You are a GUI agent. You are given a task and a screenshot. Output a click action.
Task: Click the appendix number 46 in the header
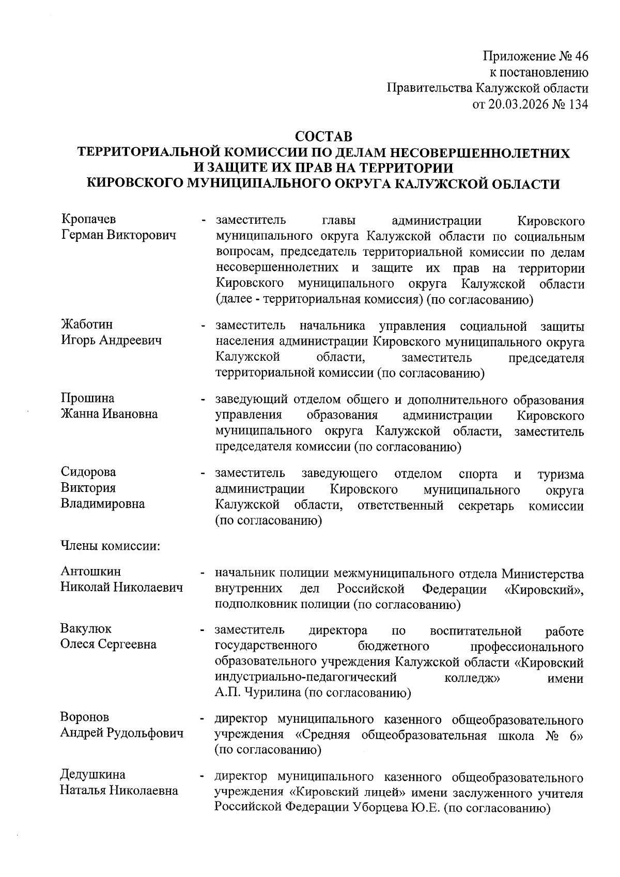pyautogui.click(x=581, y=56)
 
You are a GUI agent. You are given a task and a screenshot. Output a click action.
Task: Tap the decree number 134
pyautogui.click(x=578, y=105)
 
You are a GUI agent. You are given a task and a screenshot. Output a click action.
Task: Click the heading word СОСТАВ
pyautogui.click(x=323, y=137)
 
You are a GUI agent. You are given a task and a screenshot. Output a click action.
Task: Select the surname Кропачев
pyautogui.click(x=88, y=220)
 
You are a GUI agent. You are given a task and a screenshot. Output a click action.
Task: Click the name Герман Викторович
pyautogui.click(x=118, y=235)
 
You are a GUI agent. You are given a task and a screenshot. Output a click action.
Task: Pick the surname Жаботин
pyautogui.click(x=87, y=325)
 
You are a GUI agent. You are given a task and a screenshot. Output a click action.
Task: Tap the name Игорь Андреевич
pyautogui.click(x=111, y=341)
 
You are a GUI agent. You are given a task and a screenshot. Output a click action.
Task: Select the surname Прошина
pyautogui.click(x=87, y=398)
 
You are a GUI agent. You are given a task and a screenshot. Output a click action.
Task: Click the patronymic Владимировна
pyautogui.click(x=103, y=504)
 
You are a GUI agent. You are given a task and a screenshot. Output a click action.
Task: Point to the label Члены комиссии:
pyautogui.click(x=111, y=546)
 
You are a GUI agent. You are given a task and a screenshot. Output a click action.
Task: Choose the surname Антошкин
pyautogui.click(x=91, y=572)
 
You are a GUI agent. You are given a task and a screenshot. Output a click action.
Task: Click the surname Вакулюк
pyautogui.click(x=86, y=629)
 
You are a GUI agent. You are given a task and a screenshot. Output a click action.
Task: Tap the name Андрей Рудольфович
pyautogui.click(x=122, y=733)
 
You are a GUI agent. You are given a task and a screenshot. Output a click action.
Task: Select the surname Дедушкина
pyautogui.click(x=93, y=775)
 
